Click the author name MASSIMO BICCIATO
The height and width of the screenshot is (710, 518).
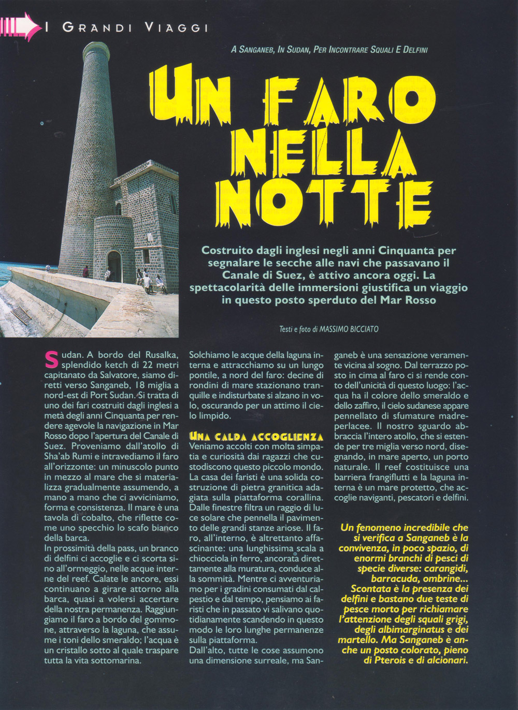tap(352, 329)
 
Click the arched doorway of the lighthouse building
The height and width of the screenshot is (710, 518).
tap(114, 265)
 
